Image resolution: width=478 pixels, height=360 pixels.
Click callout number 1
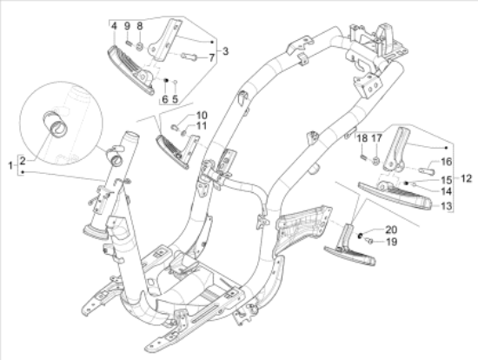point(10,166)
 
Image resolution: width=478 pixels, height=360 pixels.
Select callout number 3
point(225,51)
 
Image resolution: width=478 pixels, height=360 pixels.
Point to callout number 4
point(114,26)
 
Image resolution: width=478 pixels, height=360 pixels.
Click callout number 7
point(212,57)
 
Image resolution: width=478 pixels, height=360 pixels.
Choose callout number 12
point(466,178)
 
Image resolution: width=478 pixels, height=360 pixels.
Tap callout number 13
point(447,206)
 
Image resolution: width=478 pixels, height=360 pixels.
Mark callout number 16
point(447,162)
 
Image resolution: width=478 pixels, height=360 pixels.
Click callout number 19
point(391,242)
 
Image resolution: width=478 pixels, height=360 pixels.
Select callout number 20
point(391,230)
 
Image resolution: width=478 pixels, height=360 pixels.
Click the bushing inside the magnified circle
point(56,124)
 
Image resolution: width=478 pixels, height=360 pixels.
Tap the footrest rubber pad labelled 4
point(130,70)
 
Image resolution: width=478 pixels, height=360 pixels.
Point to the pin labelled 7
point(188,57)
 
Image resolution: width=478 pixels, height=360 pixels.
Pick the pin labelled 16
point(427,171)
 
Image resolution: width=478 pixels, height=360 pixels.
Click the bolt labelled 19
point(369,242)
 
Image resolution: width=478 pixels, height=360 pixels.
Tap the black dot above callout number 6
point(166,80)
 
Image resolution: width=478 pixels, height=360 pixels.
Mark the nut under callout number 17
point(376,161)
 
